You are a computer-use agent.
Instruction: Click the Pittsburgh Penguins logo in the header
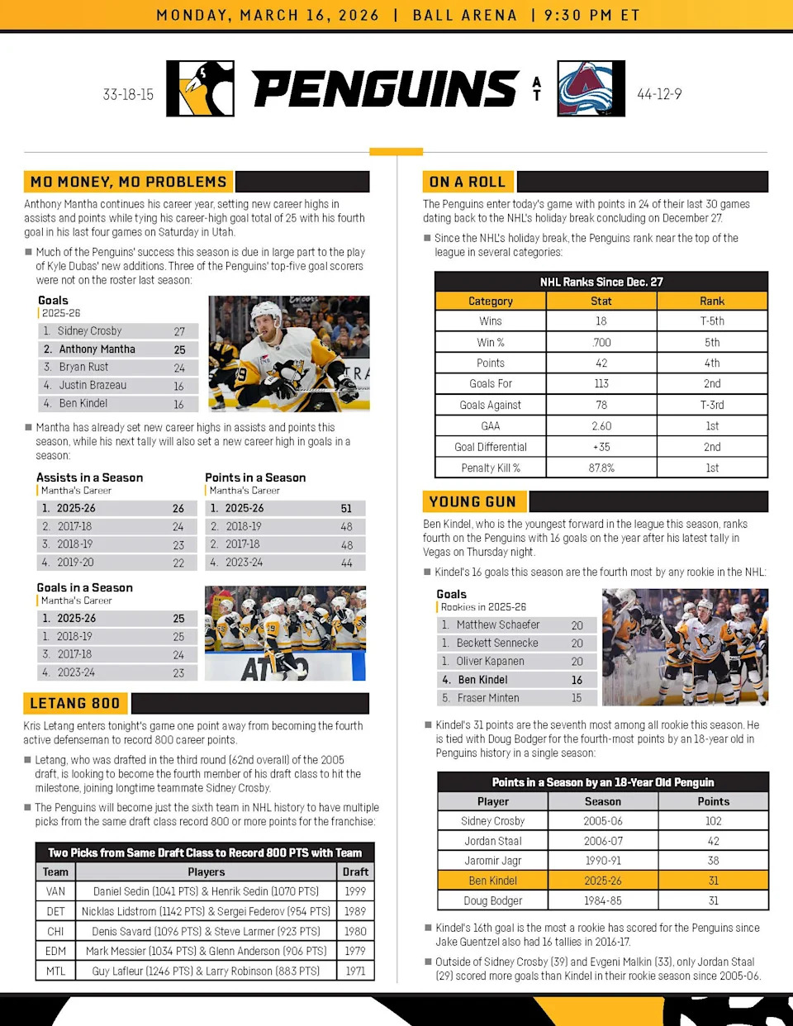pyautogui.click(x=200, y=88)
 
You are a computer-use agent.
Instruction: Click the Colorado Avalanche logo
pyautogui.click(x=591, y=88)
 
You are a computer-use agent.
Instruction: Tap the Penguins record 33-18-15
pyautogui.click(x=128, y=95)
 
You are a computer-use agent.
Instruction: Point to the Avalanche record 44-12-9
pyautogui.click(x=659, y=94)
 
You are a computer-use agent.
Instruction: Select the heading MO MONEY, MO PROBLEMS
pyautogui.click(x=128, y=182)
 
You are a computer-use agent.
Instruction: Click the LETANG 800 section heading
pyautogui.click(x=75, y=704)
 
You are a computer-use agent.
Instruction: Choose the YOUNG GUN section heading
pyautogui.click(x=472, y=501)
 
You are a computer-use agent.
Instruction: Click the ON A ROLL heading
pyautogui.click(x=467, y=182)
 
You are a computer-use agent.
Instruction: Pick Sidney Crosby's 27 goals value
pyautogui.click(x=179, y=331)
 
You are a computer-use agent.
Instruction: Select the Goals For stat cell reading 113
pyautogui.click(x=601, y=383)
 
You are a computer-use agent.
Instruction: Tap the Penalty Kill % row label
pyautogui.click(x=491, y=468)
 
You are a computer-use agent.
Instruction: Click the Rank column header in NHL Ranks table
pyautogui.click(x=712, y=302)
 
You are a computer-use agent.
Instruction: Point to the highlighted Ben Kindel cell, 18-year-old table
pyautogui.click(x=492, y=881)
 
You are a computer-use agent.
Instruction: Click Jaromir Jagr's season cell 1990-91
pyautogui.click(x=603, y=861)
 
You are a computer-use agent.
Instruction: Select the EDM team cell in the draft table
pyautogui.click(x=55, y=951)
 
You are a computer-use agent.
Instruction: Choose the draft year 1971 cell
pyautogui.click(x=355, y=971)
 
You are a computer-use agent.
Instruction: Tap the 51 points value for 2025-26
pyautogui.click(x=346, y=509)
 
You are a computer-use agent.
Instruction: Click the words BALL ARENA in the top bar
pyautogui.click(x=464, y=15)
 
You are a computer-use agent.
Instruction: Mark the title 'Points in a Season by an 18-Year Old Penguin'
pyautogui.click(x=603, y=782)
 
